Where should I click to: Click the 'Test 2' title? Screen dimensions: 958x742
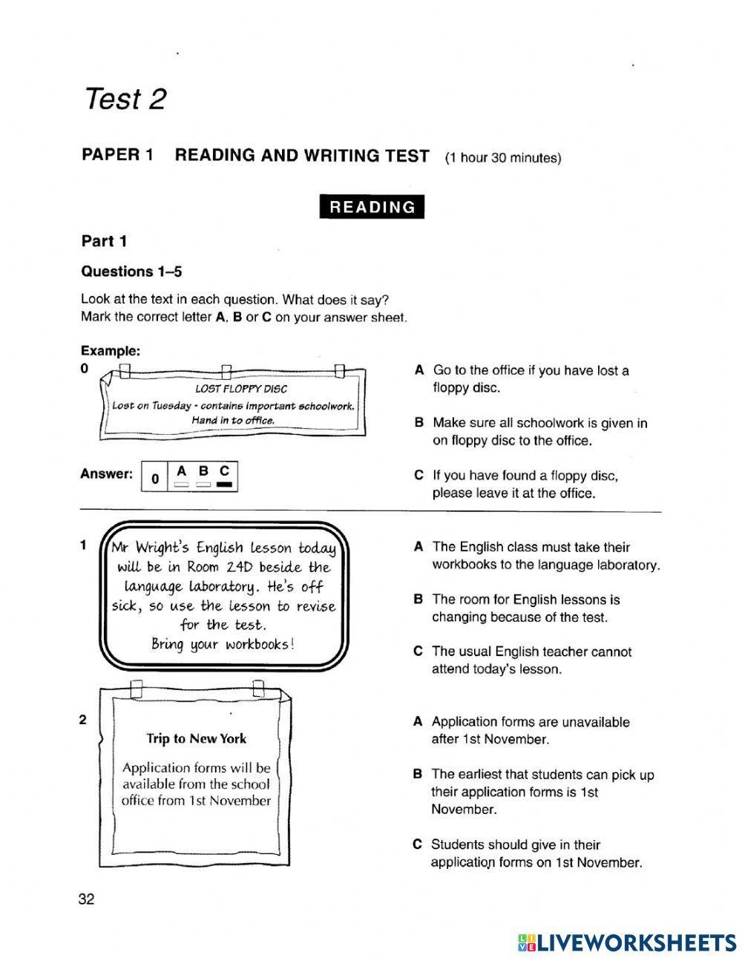click(x=125, y=98)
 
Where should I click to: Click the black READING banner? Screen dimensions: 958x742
click(x=372, y=207)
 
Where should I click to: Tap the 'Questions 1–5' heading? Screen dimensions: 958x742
click(x=131, y=272)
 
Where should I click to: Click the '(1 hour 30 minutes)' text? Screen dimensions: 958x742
click(x=503, y=158)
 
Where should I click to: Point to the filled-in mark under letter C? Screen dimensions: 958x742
click(x=225, y=485)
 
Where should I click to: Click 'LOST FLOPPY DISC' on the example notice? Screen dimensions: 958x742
click(x=240, y=388)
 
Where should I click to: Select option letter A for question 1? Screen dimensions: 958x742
click(x=418, y=548)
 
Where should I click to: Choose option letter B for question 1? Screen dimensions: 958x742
click(x=418, y=600)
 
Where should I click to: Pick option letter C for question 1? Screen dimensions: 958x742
click(x=418, y=652)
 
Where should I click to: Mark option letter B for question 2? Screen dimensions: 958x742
click(x=418, y=775)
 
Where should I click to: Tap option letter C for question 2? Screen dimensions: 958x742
click(x=418, y=844)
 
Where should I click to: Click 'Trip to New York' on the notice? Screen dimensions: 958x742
click(x=196, y=738)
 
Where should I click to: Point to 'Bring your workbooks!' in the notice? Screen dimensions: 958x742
click(x=223, y=643)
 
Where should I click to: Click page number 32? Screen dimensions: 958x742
click(x=86, y=899)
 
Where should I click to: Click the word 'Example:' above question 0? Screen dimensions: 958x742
click(x=110, y=350)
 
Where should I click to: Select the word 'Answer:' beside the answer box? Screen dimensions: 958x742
click(x=106, y=473)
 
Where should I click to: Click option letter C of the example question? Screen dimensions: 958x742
click(x=418, y=476)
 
